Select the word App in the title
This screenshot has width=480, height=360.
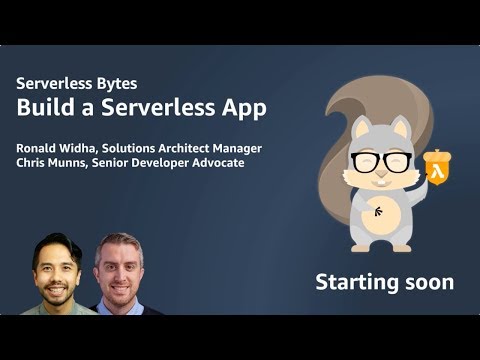(244, 108)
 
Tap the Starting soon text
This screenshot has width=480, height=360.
(384, 281)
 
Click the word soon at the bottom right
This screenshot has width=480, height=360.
(430, 281)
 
